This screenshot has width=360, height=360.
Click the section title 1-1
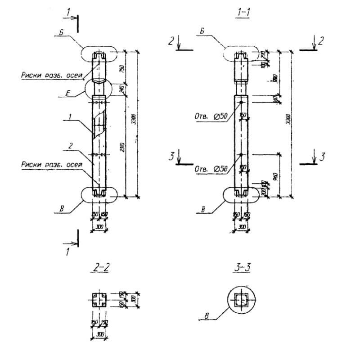point(243,13)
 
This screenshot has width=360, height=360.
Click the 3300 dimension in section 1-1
point(288,120)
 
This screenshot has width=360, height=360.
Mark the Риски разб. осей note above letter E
point(52,76)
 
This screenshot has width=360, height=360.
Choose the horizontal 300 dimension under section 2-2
point(99,334)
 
